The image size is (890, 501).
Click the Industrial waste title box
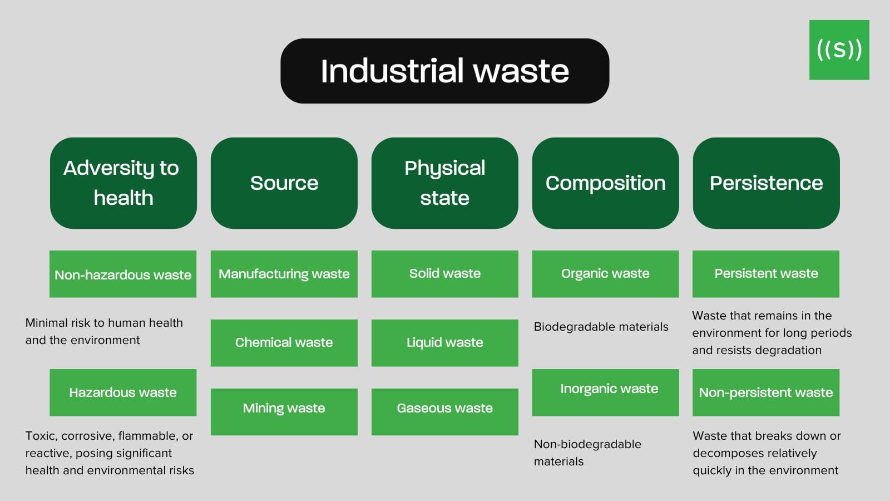(x=444, y=71)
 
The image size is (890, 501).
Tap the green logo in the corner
(x=839, y=50)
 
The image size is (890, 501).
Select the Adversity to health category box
(x=123, y=183)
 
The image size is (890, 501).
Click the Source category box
(x=284, y=183)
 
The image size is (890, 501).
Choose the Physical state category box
(x=444, y=183)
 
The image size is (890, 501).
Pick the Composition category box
(x=605, y=183)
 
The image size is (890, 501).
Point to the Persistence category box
(x=766, y=183)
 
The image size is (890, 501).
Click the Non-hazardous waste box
(x=123, y=274)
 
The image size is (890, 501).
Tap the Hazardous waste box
(x=123, y=392)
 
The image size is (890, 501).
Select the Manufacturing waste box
(x=284, y=274)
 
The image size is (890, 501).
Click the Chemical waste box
(x=284, y=342)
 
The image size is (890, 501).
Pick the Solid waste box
(x=444, y=274)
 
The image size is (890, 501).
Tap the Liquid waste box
(x=444, y=342)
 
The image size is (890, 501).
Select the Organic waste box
(x=605, y=274)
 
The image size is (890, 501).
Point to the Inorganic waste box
(x=605, y=392)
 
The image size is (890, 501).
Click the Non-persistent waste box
(x=765, y=392)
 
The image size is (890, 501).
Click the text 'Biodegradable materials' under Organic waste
(x=601, y=327)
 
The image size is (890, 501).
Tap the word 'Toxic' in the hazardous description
(x=40, y=436)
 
